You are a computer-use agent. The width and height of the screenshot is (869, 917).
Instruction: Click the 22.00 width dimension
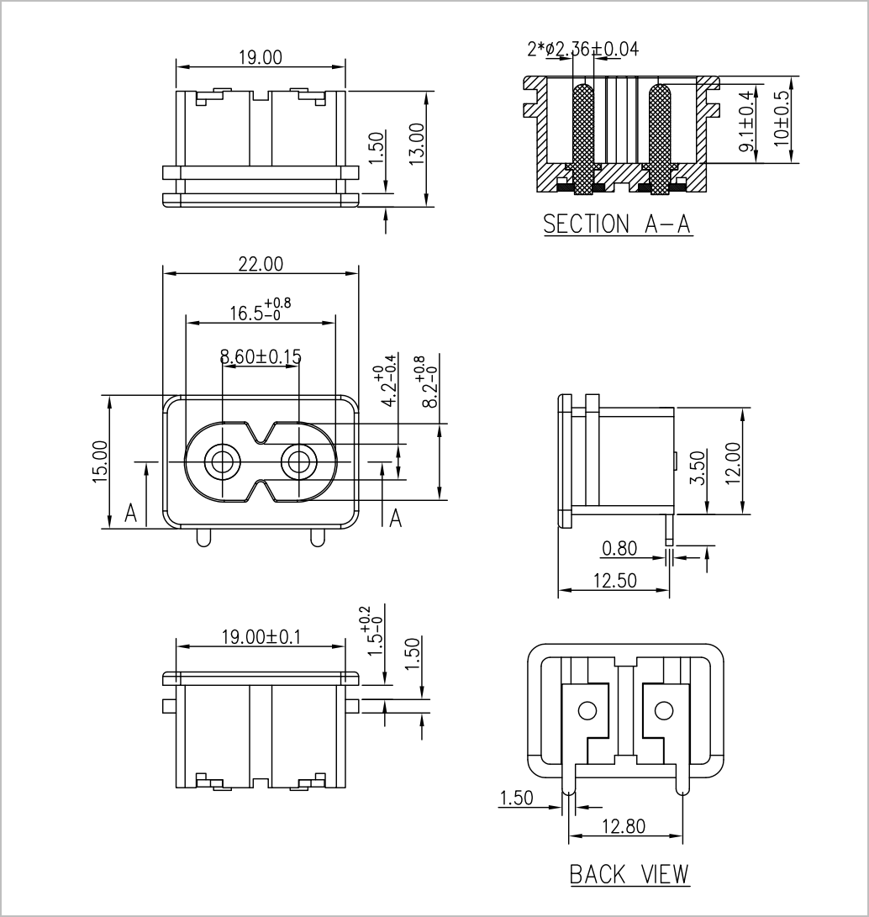(x=261, y=264)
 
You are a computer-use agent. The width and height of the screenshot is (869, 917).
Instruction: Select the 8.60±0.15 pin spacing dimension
(x=261, y=356)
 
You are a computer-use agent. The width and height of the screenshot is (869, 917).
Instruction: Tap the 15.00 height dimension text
(x=101, y=462)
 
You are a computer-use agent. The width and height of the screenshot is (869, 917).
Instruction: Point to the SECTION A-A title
(x=618, y=224)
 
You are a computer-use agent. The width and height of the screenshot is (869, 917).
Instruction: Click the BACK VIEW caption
(x=629, y=874)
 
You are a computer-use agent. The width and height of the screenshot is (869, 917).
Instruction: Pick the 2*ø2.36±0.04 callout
(x=583, y=49)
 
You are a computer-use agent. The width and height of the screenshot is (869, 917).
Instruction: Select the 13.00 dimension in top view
(x=416, y=144)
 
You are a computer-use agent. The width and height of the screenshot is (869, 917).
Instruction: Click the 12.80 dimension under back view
(x=624, y=826)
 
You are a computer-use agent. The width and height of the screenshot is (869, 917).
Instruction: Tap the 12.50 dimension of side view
(x=614, y=581)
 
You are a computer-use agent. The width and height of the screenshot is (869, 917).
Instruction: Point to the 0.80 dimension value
(x=619, y=549)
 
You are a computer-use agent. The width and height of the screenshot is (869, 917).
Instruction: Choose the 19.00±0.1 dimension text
(x=261, y=637)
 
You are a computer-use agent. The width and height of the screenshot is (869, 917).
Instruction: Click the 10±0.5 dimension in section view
(x=782, y=119)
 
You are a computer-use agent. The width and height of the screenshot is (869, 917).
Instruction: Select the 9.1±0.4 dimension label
(x=746, y=122)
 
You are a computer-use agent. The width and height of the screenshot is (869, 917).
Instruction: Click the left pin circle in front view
(x=222, y=462)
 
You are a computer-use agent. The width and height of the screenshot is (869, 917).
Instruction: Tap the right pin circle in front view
(x=299, y=462)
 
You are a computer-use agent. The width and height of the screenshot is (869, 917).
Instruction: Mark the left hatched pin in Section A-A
(x=583, y=140)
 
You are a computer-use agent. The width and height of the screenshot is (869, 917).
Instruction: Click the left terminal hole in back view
(x=587, y=711)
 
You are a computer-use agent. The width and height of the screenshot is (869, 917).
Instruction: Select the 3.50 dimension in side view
(x=698, y=467)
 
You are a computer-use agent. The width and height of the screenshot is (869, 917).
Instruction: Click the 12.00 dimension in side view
(x=733, y=463)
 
